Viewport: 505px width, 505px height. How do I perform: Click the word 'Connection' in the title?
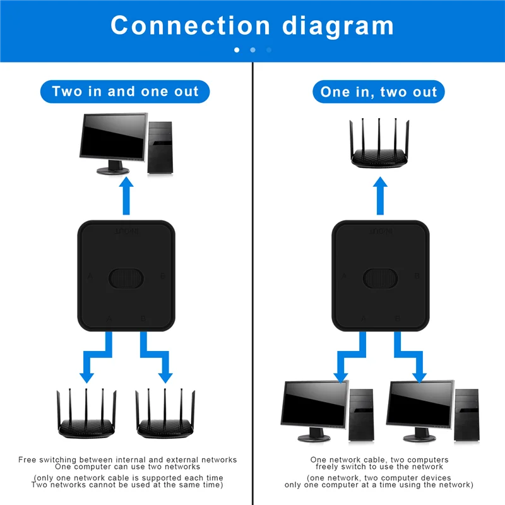[x=189, y=25]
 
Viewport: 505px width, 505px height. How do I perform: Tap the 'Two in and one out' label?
[x=125, y=92]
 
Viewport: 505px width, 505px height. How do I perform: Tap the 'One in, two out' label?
[x=379, y=92]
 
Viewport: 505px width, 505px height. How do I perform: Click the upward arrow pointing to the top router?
[x=380, y=196]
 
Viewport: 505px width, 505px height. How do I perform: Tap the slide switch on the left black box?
[x=126, y=276]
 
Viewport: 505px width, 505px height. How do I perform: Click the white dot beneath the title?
[x=237, y=49]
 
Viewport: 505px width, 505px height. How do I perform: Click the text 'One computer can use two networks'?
[x=128, y=467]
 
